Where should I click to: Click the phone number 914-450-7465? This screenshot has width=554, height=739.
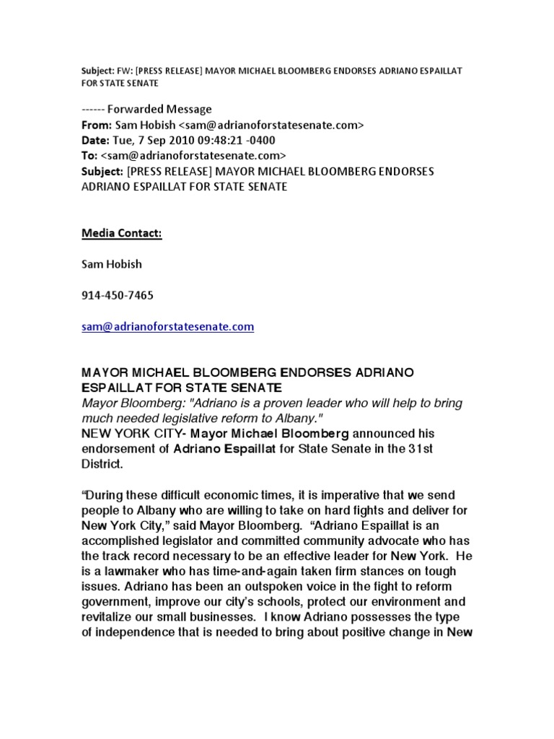117,295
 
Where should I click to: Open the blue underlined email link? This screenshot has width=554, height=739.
167,326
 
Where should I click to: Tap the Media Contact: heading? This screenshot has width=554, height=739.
121,233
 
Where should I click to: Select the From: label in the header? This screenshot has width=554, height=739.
96,125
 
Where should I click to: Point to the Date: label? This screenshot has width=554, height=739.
94,140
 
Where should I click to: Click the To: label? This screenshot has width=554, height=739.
89,155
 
